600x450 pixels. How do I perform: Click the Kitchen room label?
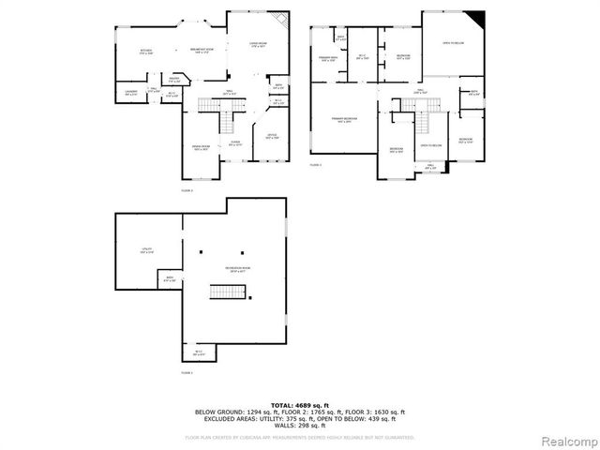[x=145, y=52]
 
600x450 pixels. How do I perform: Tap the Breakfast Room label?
[x=202, y=52]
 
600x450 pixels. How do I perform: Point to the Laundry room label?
[x=130, y=92]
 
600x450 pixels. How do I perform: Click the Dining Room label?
[x=201, y=147]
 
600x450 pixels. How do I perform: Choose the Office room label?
[x=271, y=137]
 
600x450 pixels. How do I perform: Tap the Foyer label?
[x=235, y=144]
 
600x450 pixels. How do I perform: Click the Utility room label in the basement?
[x=146, y=249]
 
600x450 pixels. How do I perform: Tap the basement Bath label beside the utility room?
[x=171, y=278]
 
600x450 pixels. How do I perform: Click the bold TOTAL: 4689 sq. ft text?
[x=299, y=404]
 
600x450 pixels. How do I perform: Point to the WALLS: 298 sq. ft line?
[x=299, y=427]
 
